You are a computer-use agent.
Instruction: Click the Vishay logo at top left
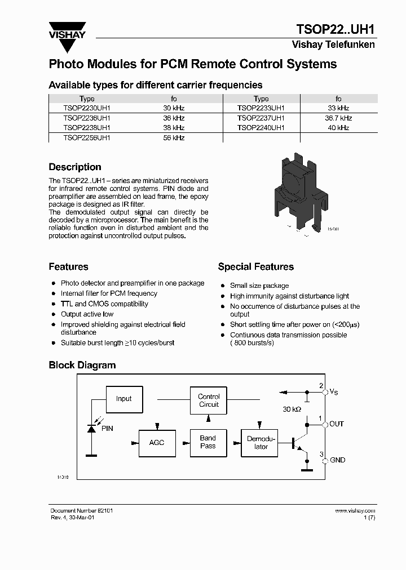(x=67, y=32)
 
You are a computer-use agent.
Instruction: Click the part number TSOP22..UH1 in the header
(x=336, y=29)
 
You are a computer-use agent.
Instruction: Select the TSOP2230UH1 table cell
(x=87, y=108)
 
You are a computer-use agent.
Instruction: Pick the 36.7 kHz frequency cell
(x=338, y=118)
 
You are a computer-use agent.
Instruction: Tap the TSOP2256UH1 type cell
(x=87, y=138)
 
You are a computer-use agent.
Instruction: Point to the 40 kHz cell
(x=338, y=128)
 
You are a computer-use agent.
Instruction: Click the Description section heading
(x=75, y=167)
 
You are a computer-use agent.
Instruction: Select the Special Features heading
(x=255, y=267)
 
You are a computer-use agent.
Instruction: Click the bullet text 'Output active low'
(x=87, y=314)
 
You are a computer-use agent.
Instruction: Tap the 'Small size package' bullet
(x=259, y=286)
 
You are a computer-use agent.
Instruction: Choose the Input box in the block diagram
(x=124, y=399)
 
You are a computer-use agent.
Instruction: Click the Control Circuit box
(x=209, y=400)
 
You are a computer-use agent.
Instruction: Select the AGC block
(x=157, y=443)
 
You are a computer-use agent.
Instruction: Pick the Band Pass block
(x=208, y=442)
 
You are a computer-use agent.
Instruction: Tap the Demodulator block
(x=261, y=443)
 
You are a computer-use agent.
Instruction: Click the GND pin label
(x=337, y=460)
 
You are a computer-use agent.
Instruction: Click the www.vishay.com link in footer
(x=355, y=511)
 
